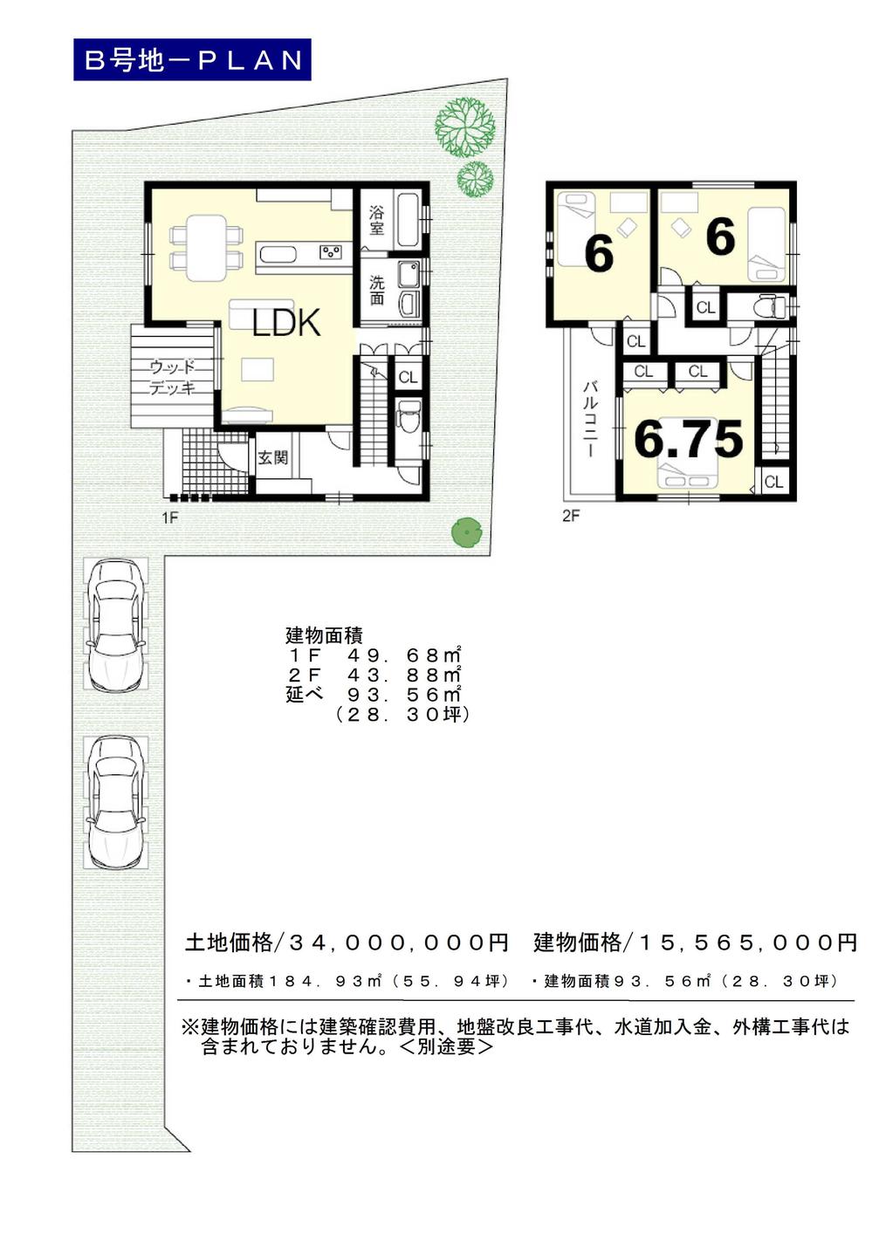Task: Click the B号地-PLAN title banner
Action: (192, 60)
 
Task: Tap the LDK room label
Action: (286, 323)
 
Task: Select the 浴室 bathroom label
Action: (376, 221)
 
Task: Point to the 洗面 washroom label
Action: (376, 290)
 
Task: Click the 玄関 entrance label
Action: (272, 457)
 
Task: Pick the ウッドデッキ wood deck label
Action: (172, 378)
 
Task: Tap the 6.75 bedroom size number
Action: (688, 439)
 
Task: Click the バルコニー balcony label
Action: (590, 418)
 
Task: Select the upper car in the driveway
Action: (116, 624)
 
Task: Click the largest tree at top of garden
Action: (464, 127)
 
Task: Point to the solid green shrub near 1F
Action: (467, 531)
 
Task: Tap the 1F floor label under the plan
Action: (169, 518)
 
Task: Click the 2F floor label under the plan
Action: (571, 516)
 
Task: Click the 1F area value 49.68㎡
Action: (403, 655)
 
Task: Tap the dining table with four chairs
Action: (206, 247)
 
